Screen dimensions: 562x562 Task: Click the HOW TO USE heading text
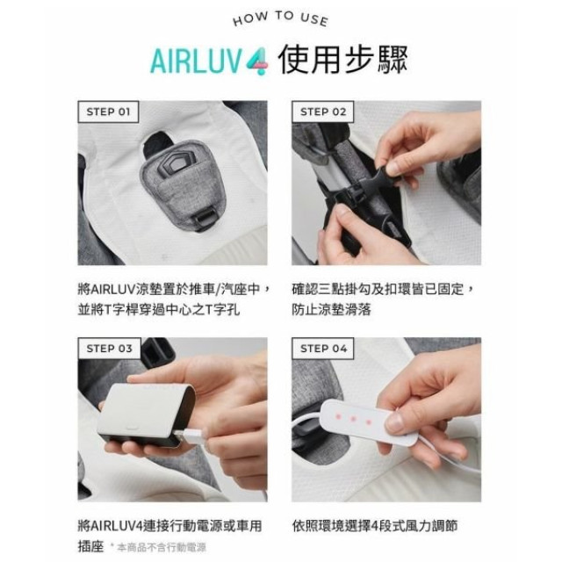[x=280, y=20]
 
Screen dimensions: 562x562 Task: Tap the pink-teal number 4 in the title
[x=256, y=64]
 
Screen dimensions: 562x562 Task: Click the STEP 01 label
[x=108, y=112]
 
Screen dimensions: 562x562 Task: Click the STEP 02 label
[x=324, y=112]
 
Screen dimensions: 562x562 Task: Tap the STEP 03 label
[x=108, y=348]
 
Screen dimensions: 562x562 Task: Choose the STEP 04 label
[x=324, y=348]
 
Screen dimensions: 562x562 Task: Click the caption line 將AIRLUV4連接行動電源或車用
[x=169, y=526]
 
